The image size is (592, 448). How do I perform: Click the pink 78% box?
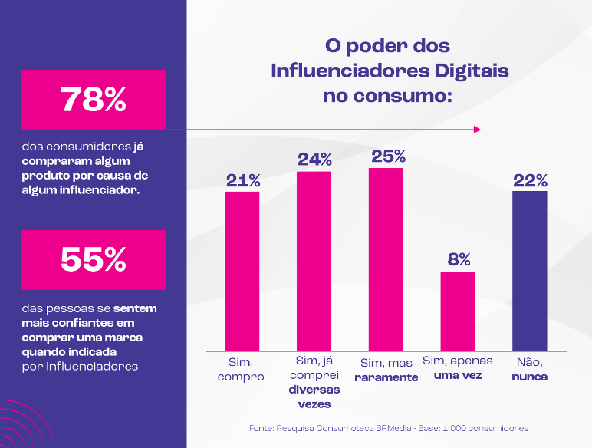click(x=93, y=99)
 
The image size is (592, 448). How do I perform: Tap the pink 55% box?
click(x=93, y=260)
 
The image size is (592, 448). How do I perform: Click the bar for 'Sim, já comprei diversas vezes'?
click(x=314, y=261)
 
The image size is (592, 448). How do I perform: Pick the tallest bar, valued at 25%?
click(x=386, y=259)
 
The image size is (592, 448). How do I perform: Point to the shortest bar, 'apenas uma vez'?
click(x=458, y=311)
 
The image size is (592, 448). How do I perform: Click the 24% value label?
click(x=314, y=160)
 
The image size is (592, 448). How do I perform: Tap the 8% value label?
click(x=459, y=259)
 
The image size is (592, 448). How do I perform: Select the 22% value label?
click(x=530, y=180)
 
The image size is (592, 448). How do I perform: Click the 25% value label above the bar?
click(x=388, y=156)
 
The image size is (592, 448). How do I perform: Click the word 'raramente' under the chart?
click(x=386, y=377)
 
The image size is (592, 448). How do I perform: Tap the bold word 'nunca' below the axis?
click(x=530, y=377)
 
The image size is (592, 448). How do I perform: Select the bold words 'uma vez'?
click(x=458, y=376)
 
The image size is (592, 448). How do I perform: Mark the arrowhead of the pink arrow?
click(x=477, y=130)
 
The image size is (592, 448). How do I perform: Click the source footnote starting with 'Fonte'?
click(x=389, y=427)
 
